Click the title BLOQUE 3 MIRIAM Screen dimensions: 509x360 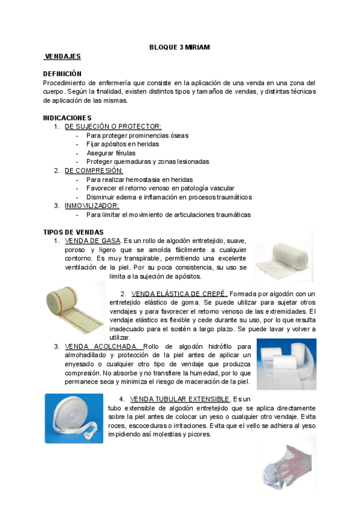pyautogui.click(x=180, y=47)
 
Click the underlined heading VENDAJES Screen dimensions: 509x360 pyautogui.click(x=63, y=56)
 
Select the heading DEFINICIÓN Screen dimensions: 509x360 pyautogui.click(x=62, y=74)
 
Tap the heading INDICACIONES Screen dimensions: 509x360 pyautogui.click(x=67, y=118)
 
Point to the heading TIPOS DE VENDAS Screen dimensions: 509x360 pyautogui.click(x=73, y=232)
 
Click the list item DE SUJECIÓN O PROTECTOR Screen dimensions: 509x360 pyautogui.click(x=113, y=127)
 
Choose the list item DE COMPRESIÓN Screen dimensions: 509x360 pyautogui.click(x=94, y=170)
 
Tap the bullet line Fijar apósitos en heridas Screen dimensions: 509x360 pyautogui.click(x=122, y=144)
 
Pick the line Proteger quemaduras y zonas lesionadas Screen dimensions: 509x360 pyautogui.click(x=148, y=162)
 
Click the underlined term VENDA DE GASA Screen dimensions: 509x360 pyautogui.click(x=93, y=241)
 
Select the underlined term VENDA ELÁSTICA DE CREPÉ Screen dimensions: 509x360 pyautogui.click(x=178, y=294)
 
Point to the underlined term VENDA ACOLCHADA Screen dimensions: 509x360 pyautogui.click(x=103, y=346)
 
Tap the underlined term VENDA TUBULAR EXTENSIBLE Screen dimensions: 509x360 pyautogui.click(x=179, y=399)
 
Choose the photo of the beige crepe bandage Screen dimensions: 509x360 pyautogui.click(x=75, y=307)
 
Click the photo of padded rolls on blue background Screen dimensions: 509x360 pyautogui.click(x=286, y=364)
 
